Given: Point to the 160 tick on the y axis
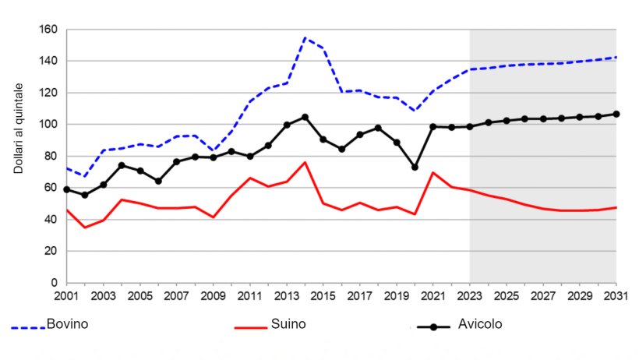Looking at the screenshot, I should (48, 30).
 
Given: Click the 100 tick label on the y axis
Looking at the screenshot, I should (48, 125).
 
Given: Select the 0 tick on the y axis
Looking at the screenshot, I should (55, 283).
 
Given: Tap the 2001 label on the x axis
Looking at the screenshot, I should (67, 297).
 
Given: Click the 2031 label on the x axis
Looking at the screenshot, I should (616, 297).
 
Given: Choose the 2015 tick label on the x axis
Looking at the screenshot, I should (323, 297).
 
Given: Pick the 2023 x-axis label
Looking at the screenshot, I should (470, 297).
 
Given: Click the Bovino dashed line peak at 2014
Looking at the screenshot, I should (305, 37).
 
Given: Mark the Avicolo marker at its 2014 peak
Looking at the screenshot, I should (305, 117).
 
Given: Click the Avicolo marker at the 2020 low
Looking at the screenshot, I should (415, 168).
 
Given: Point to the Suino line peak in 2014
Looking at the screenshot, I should (305, 162).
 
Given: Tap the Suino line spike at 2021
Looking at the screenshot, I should (433, 172).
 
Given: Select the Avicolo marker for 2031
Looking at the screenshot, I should (616, 114).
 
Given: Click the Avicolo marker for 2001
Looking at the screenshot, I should (67, 189).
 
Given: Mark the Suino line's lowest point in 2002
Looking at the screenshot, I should (85, 228).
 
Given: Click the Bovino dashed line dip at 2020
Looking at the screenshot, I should (415, 111).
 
